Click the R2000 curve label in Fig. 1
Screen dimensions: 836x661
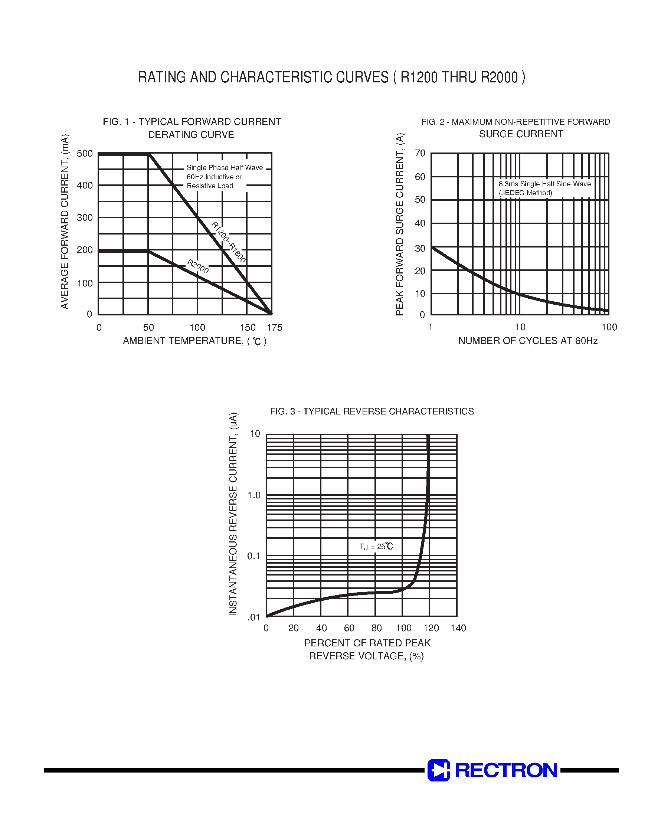(x=198, y=266)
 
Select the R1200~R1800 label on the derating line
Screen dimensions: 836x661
(x=228, y=242)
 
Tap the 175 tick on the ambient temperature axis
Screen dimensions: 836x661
(x=274, y=328)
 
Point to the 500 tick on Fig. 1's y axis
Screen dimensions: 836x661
(x=85, y=154)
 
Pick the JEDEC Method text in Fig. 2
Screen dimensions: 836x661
(x=525, y=193)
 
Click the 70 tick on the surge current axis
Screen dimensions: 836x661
(x=420, y=153)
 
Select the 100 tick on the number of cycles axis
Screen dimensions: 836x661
(x=609, y=327)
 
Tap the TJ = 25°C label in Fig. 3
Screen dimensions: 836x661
(x=376, y=547)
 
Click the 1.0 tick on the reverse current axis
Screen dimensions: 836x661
(x=254, y=495)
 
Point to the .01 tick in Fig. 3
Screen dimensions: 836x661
(x=254, y=617)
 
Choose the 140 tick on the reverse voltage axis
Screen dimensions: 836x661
(x=458, y=628)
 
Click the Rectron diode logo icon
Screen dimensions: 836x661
(x=438, y=770)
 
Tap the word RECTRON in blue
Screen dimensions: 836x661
(x=506, y=770)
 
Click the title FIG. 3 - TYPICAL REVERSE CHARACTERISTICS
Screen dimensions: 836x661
(x=372, y=411)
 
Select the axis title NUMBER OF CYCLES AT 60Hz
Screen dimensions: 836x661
(x=528, y=341)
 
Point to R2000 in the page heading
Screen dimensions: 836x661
(x=499, y=78)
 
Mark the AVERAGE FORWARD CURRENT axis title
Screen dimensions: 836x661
(x=65, y=221)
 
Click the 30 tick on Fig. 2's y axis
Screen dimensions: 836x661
(x=420, y=248)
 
